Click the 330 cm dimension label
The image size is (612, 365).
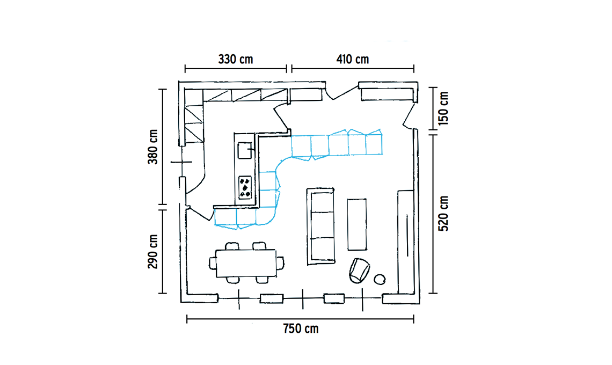coord(235,60)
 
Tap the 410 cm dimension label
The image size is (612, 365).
coord(353,60)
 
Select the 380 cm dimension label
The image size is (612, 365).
coord(153,147)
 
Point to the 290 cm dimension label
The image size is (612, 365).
coord(153,251)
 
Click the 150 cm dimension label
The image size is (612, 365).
coord(443,108)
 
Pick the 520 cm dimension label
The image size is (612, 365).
coord(443,213)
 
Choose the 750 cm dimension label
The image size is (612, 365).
coord(301,328)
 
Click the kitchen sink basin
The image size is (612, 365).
coord(245,150)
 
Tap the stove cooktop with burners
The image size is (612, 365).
coord(245,187)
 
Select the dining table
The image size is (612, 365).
coord(246,263)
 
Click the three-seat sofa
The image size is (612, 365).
coord(321,226)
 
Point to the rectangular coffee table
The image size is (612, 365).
coord(357,224)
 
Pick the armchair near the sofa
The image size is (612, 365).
coord(359,270)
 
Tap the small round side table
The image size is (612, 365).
coord(380,279)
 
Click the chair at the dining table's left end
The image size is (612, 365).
coord(213,263)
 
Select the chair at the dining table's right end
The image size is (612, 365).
coord(280,263)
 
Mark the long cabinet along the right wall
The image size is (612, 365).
coord(405,242)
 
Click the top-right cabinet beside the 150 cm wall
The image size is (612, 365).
coord(387,94)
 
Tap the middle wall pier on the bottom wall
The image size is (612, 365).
coord(334,298)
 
